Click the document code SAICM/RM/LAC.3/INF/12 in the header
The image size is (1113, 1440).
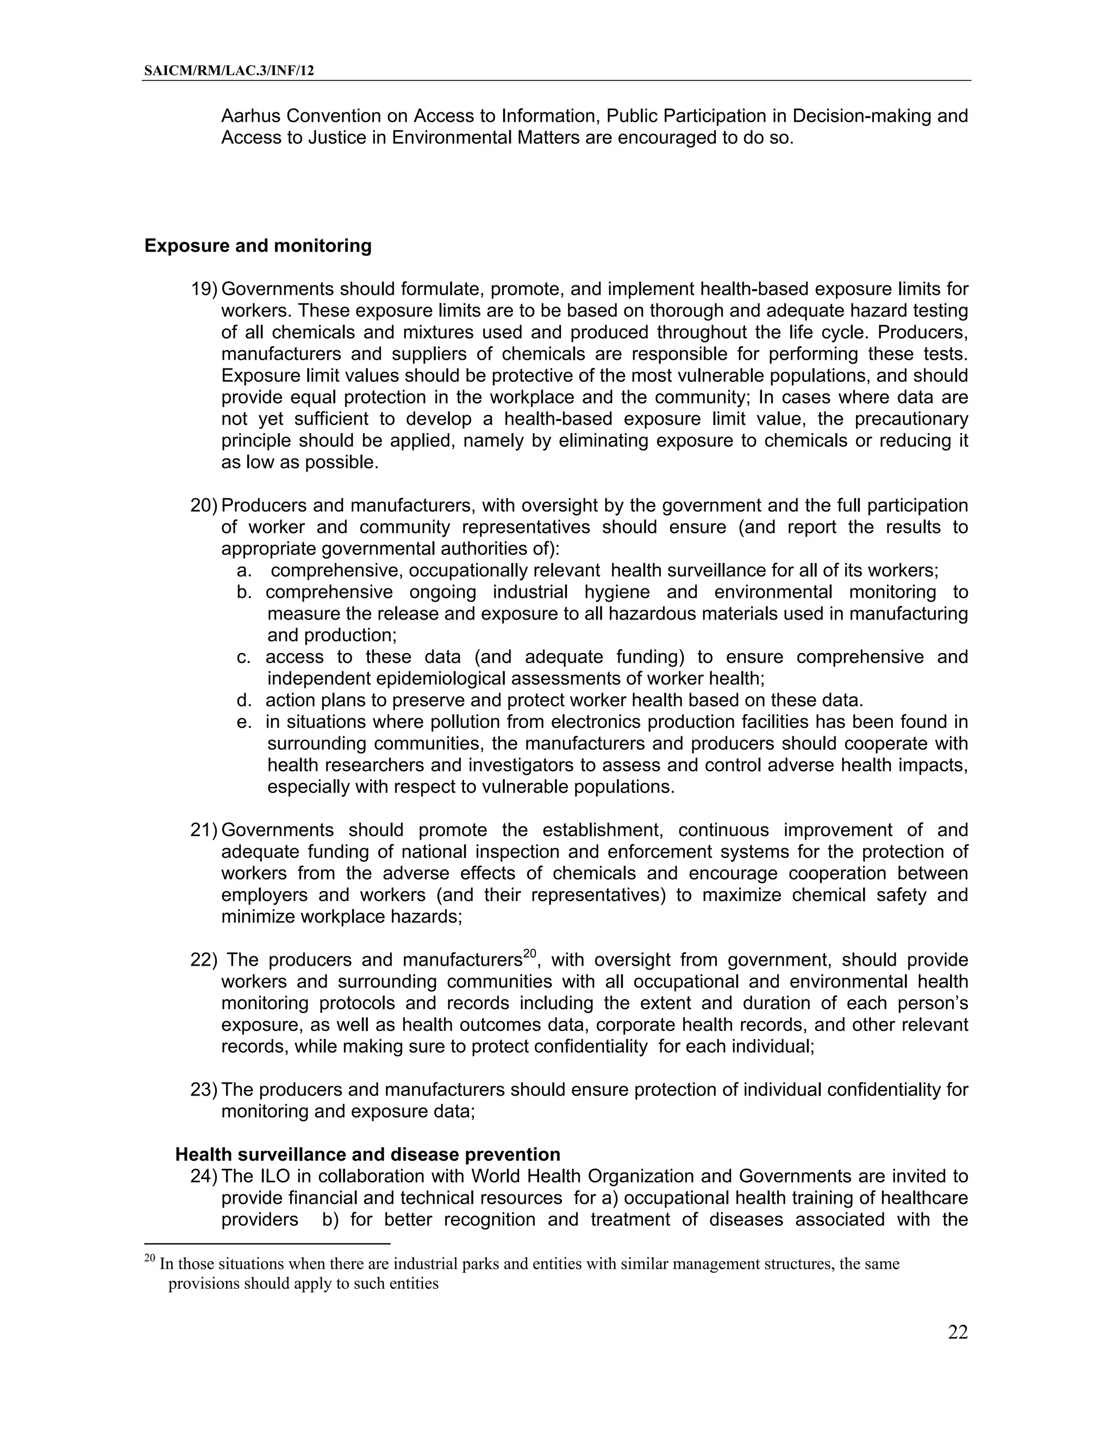point(229,71)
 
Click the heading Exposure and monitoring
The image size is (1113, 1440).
point(258,246)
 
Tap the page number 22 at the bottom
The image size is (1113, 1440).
point(958,1332)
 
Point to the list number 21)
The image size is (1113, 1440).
point(203,830)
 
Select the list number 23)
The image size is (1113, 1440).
point(203,1090)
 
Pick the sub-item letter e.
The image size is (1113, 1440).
point(244,722)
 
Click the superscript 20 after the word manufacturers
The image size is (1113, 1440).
point(530,954)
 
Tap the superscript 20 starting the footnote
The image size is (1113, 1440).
point(149,1259)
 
